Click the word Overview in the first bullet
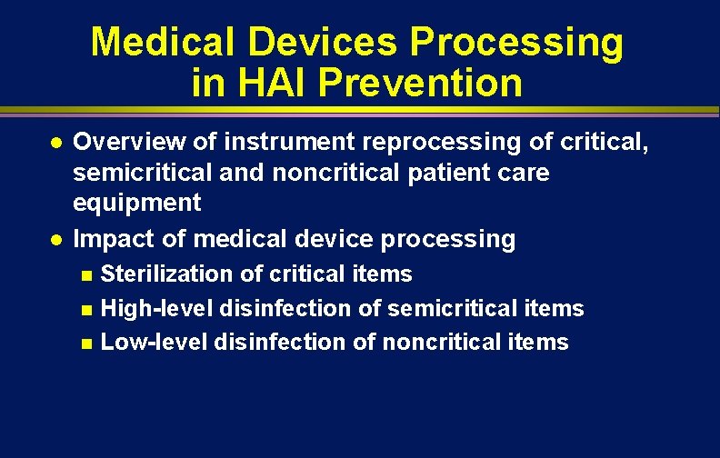point(116,141)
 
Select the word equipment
point(136,203)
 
